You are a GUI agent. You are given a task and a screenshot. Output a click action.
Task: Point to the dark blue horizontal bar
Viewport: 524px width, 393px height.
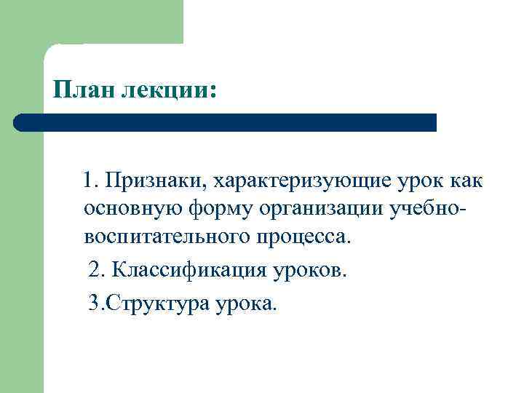coord(226,122)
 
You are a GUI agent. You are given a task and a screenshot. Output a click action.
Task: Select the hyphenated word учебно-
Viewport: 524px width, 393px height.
coord(429,209)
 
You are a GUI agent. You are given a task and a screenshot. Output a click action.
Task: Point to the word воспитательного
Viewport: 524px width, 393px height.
coord(167,238)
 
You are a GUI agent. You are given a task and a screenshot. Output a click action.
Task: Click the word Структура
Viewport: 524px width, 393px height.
coord(159,301)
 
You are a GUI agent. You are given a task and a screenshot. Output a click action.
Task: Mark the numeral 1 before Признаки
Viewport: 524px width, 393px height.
coord(88,180)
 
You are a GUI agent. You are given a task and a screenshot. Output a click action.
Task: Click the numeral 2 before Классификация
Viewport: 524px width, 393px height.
coord(93,271)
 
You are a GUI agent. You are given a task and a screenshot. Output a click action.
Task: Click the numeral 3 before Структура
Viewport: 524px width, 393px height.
coord(92,301)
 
